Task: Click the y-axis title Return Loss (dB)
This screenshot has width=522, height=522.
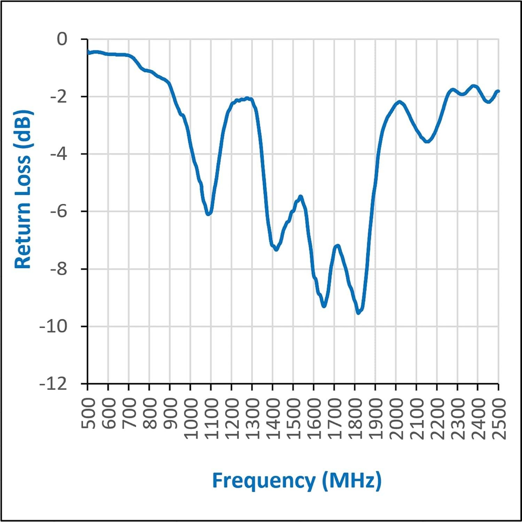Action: click(x=23, y=190)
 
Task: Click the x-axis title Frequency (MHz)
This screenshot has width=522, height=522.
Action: click(x=297, y=481)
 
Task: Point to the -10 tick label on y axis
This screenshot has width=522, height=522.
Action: click(x=53, y=327)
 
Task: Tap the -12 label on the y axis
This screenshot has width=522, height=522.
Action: click(x=53, y=384)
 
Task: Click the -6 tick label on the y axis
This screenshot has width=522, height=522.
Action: click(x=58, y=212)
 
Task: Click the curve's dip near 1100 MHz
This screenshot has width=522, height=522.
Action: click(x=209, y=214)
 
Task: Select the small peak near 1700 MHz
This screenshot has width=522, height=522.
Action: click(x=337, y=246)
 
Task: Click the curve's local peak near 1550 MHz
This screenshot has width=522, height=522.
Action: click(x=301, y=197)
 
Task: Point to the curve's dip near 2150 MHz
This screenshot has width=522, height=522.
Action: click(x=427, y=141)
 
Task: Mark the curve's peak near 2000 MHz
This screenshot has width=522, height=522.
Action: click(x=399, y=102)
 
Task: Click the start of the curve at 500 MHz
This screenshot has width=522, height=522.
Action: click(x=88, y=53)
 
